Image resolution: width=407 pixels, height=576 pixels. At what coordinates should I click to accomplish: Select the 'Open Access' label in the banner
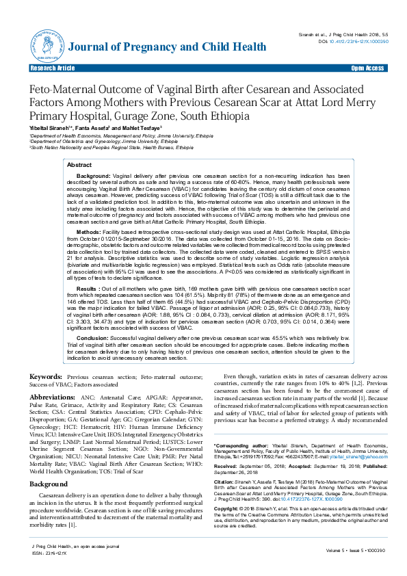(x=367, y=68)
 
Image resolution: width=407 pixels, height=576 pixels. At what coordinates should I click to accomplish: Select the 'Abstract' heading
(x=79, y=166)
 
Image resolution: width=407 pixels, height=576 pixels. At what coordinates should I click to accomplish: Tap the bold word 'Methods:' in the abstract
(x=88, y=233)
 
